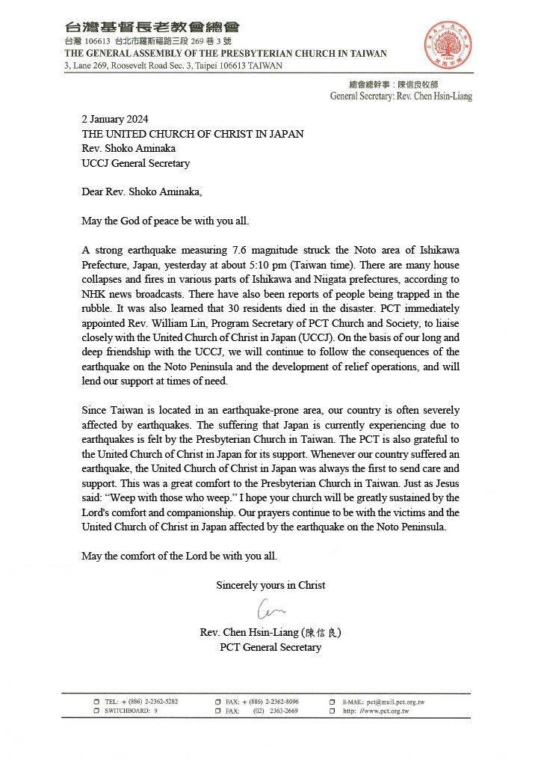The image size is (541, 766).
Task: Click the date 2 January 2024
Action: tap(114, 119)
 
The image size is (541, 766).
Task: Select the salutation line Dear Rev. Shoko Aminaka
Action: tap(141, 192)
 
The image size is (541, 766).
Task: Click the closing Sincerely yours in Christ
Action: tap(270, 585)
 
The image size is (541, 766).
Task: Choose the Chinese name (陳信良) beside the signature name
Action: tap(321, 632)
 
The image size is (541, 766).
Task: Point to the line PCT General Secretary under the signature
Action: tap(270, 647)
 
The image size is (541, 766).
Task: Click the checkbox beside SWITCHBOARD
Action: tap(97, 711)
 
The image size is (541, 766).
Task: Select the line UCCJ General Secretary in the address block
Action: tap(135, 163)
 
